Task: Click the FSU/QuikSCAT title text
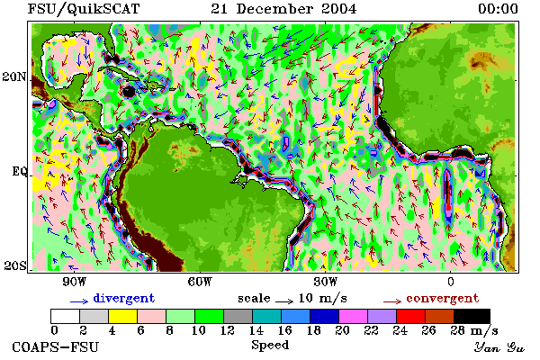[x=84, y=9]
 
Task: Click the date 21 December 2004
[x=283, y=9]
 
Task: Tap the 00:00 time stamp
[x=498, y=9]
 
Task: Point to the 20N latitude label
[x=14, y=76]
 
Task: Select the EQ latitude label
[x=19, y=171]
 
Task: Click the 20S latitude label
[x=15, y=265]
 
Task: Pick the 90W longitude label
[x=75, y=282]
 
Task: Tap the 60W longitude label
[x=200, y=282]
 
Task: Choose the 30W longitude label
[x=326, y=282]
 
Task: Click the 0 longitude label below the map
[x=451, y=282]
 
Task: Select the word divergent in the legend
[x=124, y=298]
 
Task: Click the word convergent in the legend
[x=443, y=298]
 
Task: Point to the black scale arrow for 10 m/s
[x=284, y=301]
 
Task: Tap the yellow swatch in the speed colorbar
[x=122, y=316]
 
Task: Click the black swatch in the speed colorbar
[x=472, y=316]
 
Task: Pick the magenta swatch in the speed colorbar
[x=354, y=316]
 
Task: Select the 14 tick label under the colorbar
[x=256, y=330]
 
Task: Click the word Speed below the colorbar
[x=270, y=346]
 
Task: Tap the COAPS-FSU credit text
[x=56, y=346]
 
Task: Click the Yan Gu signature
[x=499, y=347]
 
